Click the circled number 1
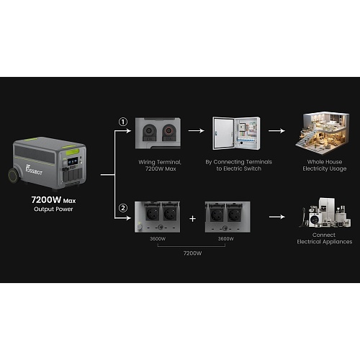tap(123, 122)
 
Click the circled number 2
tap(123, 208)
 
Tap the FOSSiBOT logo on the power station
tap(34, 170)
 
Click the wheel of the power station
tap(14, 176)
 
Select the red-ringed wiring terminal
tap(168, 131)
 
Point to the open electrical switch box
tap(236, 133)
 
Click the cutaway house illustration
tap(323, 132)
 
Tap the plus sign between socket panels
tap(192, 219)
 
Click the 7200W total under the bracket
tap(192, 253)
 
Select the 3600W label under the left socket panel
tap(158, 239)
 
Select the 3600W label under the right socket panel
tap(225, 239)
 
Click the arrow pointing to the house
tap(276, 131)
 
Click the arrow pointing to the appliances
tap(277, 217)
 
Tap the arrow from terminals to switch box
tap(197, 131)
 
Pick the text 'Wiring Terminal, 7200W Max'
tap(160, 166)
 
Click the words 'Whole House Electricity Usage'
tap(325, 165)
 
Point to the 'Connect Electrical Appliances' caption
tap(325, 238)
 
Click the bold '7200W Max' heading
tap(53, 199)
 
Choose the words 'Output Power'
tap(53, 209)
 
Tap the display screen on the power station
tap(73, 161)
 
